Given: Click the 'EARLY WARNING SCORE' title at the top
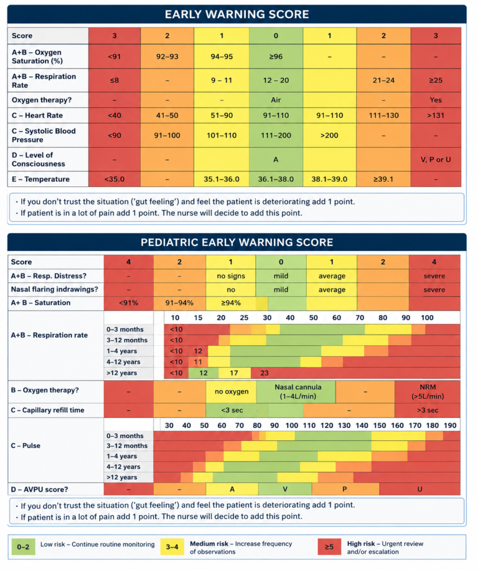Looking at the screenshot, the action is point(236,14).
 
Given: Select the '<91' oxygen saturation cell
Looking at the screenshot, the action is point(115,56).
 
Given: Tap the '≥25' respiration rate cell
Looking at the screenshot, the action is point(436,80).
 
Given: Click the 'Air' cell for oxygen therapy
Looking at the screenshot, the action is point(276,100).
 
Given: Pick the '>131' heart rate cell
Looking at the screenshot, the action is point(436,115).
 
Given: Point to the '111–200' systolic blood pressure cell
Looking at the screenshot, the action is point(276,135).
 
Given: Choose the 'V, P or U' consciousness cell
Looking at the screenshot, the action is point(436,160).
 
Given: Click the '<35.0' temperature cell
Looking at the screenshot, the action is point(115,179).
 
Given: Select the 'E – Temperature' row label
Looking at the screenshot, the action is point(41,179).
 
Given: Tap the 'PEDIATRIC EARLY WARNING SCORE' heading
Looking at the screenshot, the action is point(236,243).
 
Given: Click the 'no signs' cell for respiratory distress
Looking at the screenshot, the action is point(231,276).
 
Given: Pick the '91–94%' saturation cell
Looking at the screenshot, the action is point(180,303).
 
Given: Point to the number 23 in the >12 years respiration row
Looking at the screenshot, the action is point(264,373).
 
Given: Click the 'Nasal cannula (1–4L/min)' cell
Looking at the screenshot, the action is point(298,391).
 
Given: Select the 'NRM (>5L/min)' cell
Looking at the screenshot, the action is point(427,391).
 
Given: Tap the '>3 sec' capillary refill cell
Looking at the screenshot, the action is point(427,410).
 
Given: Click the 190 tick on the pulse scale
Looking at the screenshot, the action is point(450,425).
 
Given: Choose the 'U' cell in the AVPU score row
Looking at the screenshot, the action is point(420,489).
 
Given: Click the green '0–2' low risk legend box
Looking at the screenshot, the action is point(23,547).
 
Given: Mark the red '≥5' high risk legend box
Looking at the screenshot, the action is point(329,547).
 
